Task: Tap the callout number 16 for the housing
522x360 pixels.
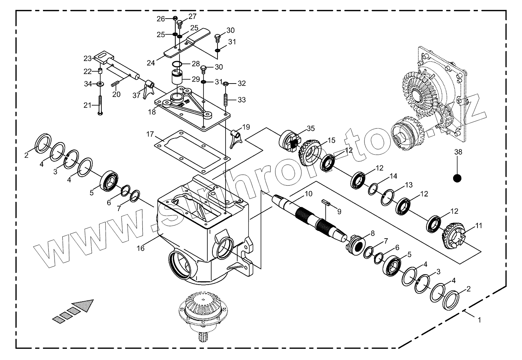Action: [140, 248]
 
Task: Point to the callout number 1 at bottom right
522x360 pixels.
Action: [479, 320]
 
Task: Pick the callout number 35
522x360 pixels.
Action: [311, 128]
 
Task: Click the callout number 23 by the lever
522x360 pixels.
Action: [87, 58]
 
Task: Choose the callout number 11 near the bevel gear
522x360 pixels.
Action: [479, 226]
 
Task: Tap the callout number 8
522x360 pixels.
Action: [372, 233]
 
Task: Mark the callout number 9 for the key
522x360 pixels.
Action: [339, 212]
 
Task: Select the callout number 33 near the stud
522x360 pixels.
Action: [241, 100]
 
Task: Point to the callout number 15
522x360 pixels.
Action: [332, 140]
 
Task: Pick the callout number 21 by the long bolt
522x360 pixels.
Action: [87, 105]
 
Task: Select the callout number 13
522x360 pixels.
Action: [409, 185]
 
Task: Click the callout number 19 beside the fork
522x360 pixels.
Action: [246, 127]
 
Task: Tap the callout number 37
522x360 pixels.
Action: [136, 96]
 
